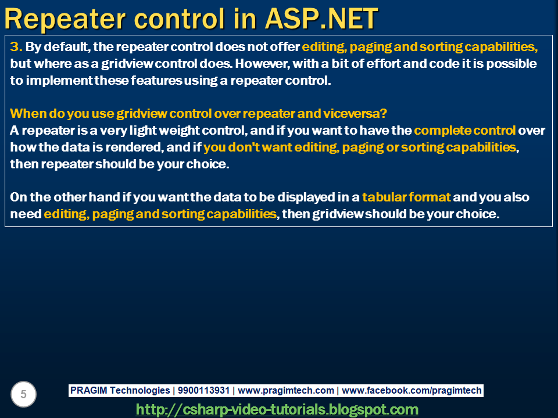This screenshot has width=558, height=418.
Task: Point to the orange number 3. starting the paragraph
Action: [16, 46]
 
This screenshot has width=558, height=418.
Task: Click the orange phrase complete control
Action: [464, 130]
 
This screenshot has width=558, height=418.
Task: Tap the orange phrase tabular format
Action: [406, 197]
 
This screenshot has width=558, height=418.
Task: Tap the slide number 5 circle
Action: [23, 395]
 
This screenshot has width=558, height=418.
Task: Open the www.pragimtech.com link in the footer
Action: [286, 391]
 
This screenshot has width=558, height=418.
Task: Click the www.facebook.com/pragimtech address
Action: [412, 391]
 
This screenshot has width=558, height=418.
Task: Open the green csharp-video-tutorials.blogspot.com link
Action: [277, 409]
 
